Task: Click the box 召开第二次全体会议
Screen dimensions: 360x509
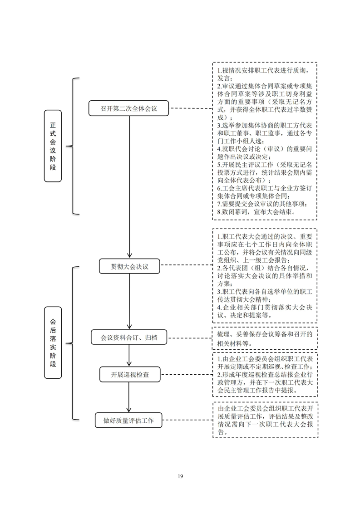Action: [128, 108]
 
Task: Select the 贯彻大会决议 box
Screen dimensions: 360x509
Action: [129, 266]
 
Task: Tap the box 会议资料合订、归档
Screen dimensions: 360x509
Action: [129, 337]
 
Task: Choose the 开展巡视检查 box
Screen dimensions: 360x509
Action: [130, 374]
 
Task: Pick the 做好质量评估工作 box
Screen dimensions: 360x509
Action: [128, 421]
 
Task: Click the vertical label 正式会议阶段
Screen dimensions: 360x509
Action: [53, 146]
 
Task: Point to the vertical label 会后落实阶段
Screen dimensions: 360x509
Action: [53, 343]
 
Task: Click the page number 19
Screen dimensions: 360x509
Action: [180, 476]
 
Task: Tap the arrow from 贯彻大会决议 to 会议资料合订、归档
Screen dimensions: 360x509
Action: [129, 302]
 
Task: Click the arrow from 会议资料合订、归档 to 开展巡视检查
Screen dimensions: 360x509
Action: [129, 356]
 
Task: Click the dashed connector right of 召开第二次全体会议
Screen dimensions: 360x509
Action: [191, 108]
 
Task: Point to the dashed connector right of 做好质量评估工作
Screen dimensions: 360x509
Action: [188, 420]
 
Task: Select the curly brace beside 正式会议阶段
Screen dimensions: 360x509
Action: [72, 146]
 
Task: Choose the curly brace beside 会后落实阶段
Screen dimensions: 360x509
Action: [72, 343]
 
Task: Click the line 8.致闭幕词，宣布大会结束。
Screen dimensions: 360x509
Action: [256, 212]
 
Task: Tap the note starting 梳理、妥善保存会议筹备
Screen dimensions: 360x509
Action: [265, 338]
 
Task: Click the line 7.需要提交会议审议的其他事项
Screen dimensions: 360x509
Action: [262, 204]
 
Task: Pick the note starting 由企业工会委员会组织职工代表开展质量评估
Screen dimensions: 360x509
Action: [265, 420]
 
